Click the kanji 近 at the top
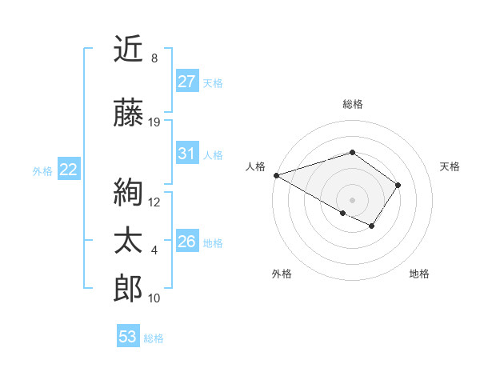129,50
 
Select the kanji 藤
129,114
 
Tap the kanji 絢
129,192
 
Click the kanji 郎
129,289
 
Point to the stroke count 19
154,122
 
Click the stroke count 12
154,202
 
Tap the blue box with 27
186,82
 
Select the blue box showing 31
186,154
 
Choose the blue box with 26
186,242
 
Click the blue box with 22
69,170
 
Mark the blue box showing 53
128,337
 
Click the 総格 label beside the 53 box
154,338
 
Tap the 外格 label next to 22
42,170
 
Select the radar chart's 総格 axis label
352,104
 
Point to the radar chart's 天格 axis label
450,166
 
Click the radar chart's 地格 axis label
419,274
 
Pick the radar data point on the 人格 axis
275,174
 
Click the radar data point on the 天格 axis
398,185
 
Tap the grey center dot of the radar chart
352,199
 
